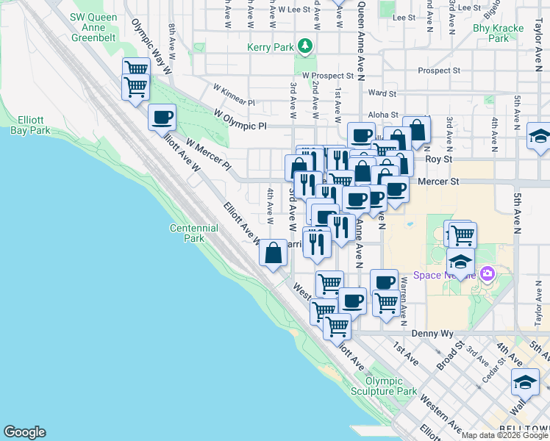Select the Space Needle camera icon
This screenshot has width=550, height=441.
[x=487, y=274]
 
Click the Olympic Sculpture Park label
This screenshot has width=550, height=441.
[x=385, y=387]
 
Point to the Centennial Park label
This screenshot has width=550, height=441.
[x=194, y=233]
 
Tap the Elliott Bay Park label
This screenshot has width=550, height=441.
[x=30, y=125]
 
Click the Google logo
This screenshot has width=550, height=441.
[x=24, y=432]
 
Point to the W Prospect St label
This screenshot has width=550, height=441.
[x=328, y=76]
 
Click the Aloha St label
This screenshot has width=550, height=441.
[x=383, y=115]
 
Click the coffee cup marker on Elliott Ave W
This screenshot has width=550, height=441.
[x=162, y=116]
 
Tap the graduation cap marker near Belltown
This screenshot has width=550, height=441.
[x=525, y=382]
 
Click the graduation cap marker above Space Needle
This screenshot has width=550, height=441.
[x=460, y=260]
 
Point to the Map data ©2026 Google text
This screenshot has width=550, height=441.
[x=503, y=435]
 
